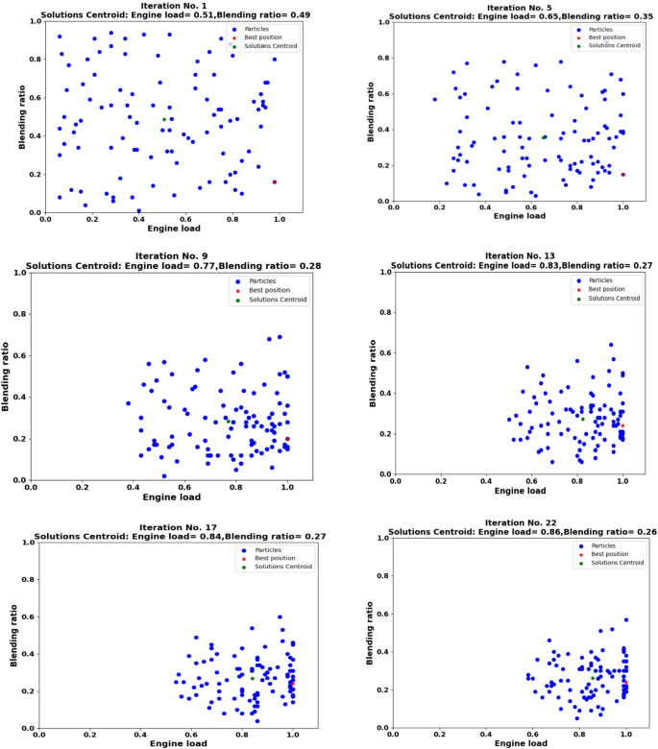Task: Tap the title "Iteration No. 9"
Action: pos(161,256)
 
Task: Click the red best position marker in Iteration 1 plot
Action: pos(274,181)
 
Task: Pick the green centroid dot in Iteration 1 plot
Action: pos(164,119)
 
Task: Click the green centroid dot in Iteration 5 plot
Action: pos(544,136)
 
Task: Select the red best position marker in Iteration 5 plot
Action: pos(622,175)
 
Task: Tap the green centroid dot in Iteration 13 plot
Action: pos(582,419)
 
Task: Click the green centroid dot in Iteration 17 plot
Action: pos(253,678)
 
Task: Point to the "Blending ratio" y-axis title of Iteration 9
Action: pos(9,376)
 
